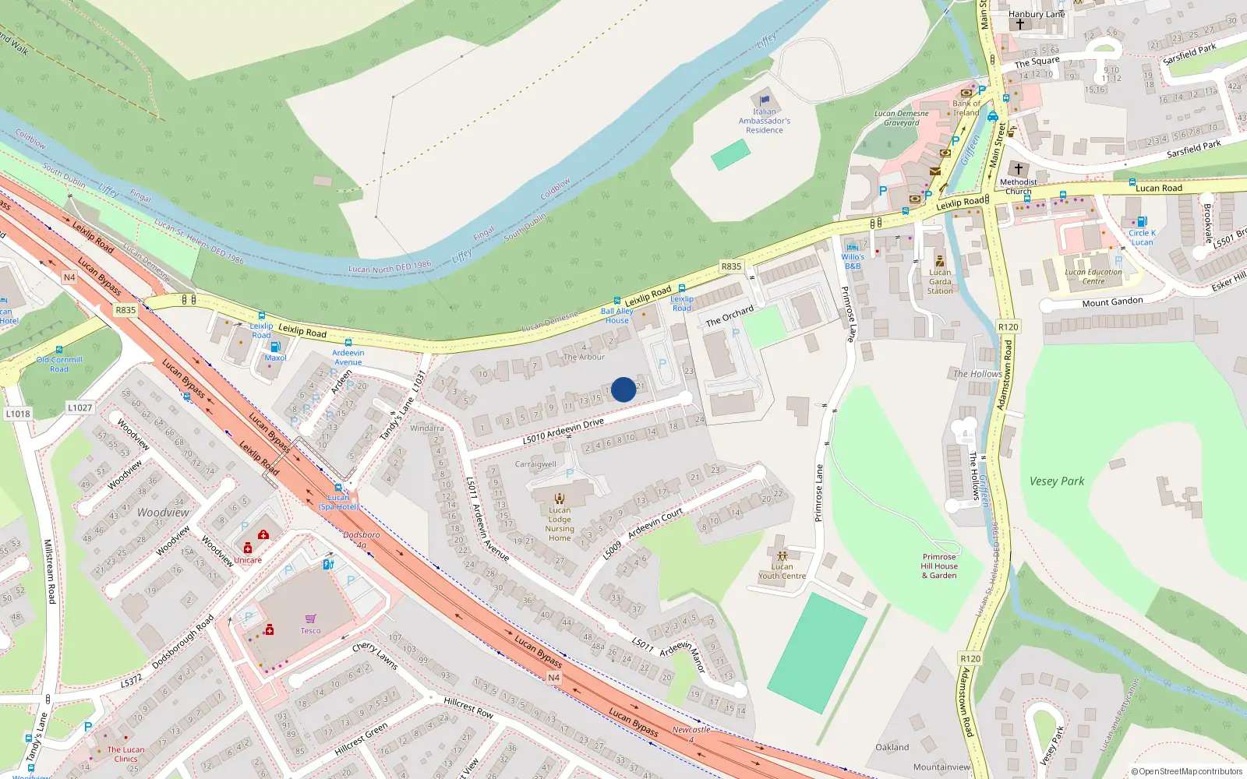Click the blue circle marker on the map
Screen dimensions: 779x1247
(x=623, y=389)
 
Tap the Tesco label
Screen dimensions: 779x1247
(x=310, y=631)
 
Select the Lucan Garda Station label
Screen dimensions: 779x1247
(x=940, y=281)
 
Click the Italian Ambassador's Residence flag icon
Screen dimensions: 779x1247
(x=765, y=100)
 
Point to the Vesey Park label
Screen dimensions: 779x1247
(x=1056, y=481)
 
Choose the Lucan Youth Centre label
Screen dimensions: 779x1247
(x=782, y=571)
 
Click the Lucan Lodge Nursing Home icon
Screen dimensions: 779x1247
(x=559, y=499)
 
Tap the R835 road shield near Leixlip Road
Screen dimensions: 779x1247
(x=731, y=266)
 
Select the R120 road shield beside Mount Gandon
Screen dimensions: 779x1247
(x=1008, y=327)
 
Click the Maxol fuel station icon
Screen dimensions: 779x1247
(x=275, y=347)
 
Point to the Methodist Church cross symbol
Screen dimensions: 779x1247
(x=1018, y=168)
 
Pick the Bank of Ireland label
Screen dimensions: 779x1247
(x=966, y=108)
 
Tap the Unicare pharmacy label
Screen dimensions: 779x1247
(x=248, y=560)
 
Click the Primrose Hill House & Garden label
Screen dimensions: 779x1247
(x=939, y=566)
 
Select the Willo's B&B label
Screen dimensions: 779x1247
(x=853, y=261)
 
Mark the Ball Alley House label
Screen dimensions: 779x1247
(x=616, y=315)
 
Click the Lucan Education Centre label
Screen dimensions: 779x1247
(x=1093, y=277)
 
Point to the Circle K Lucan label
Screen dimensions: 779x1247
(x=1142, y=238)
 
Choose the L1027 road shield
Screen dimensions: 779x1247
(x=79, y=407)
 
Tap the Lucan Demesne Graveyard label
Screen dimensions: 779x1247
(x=901, y=118)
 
